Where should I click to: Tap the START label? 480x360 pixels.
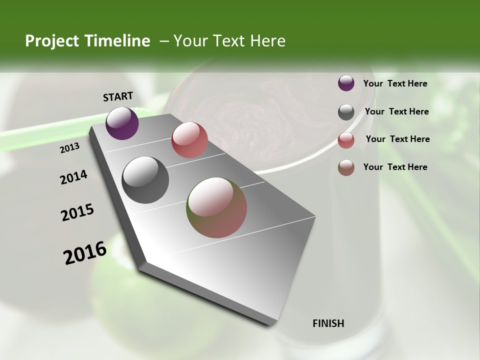[118, 96]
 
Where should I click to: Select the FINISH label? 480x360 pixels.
[328, 323]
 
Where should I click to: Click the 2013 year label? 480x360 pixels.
[69, 148]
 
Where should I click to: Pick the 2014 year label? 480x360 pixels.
[73, 177]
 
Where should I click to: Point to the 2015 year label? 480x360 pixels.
[77, 212]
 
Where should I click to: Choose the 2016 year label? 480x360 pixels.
[85, 253]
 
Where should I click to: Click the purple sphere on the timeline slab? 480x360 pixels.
[122, 123]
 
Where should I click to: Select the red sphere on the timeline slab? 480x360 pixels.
[189, 140]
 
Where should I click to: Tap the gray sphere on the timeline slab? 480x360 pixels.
[145, 180]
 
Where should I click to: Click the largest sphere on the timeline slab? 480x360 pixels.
[217, 207]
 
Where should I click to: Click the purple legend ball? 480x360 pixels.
[346, 83]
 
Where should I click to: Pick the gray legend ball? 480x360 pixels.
[346, 112]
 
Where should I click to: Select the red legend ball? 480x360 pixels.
[346, 140]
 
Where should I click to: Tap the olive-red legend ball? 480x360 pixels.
[346, 167]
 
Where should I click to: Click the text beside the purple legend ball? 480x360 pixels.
[395, 84]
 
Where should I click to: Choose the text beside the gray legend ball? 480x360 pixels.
[396, 111]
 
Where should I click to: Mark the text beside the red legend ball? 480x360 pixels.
[397, 139]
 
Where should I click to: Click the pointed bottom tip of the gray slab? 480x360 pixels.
[272, 324]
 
